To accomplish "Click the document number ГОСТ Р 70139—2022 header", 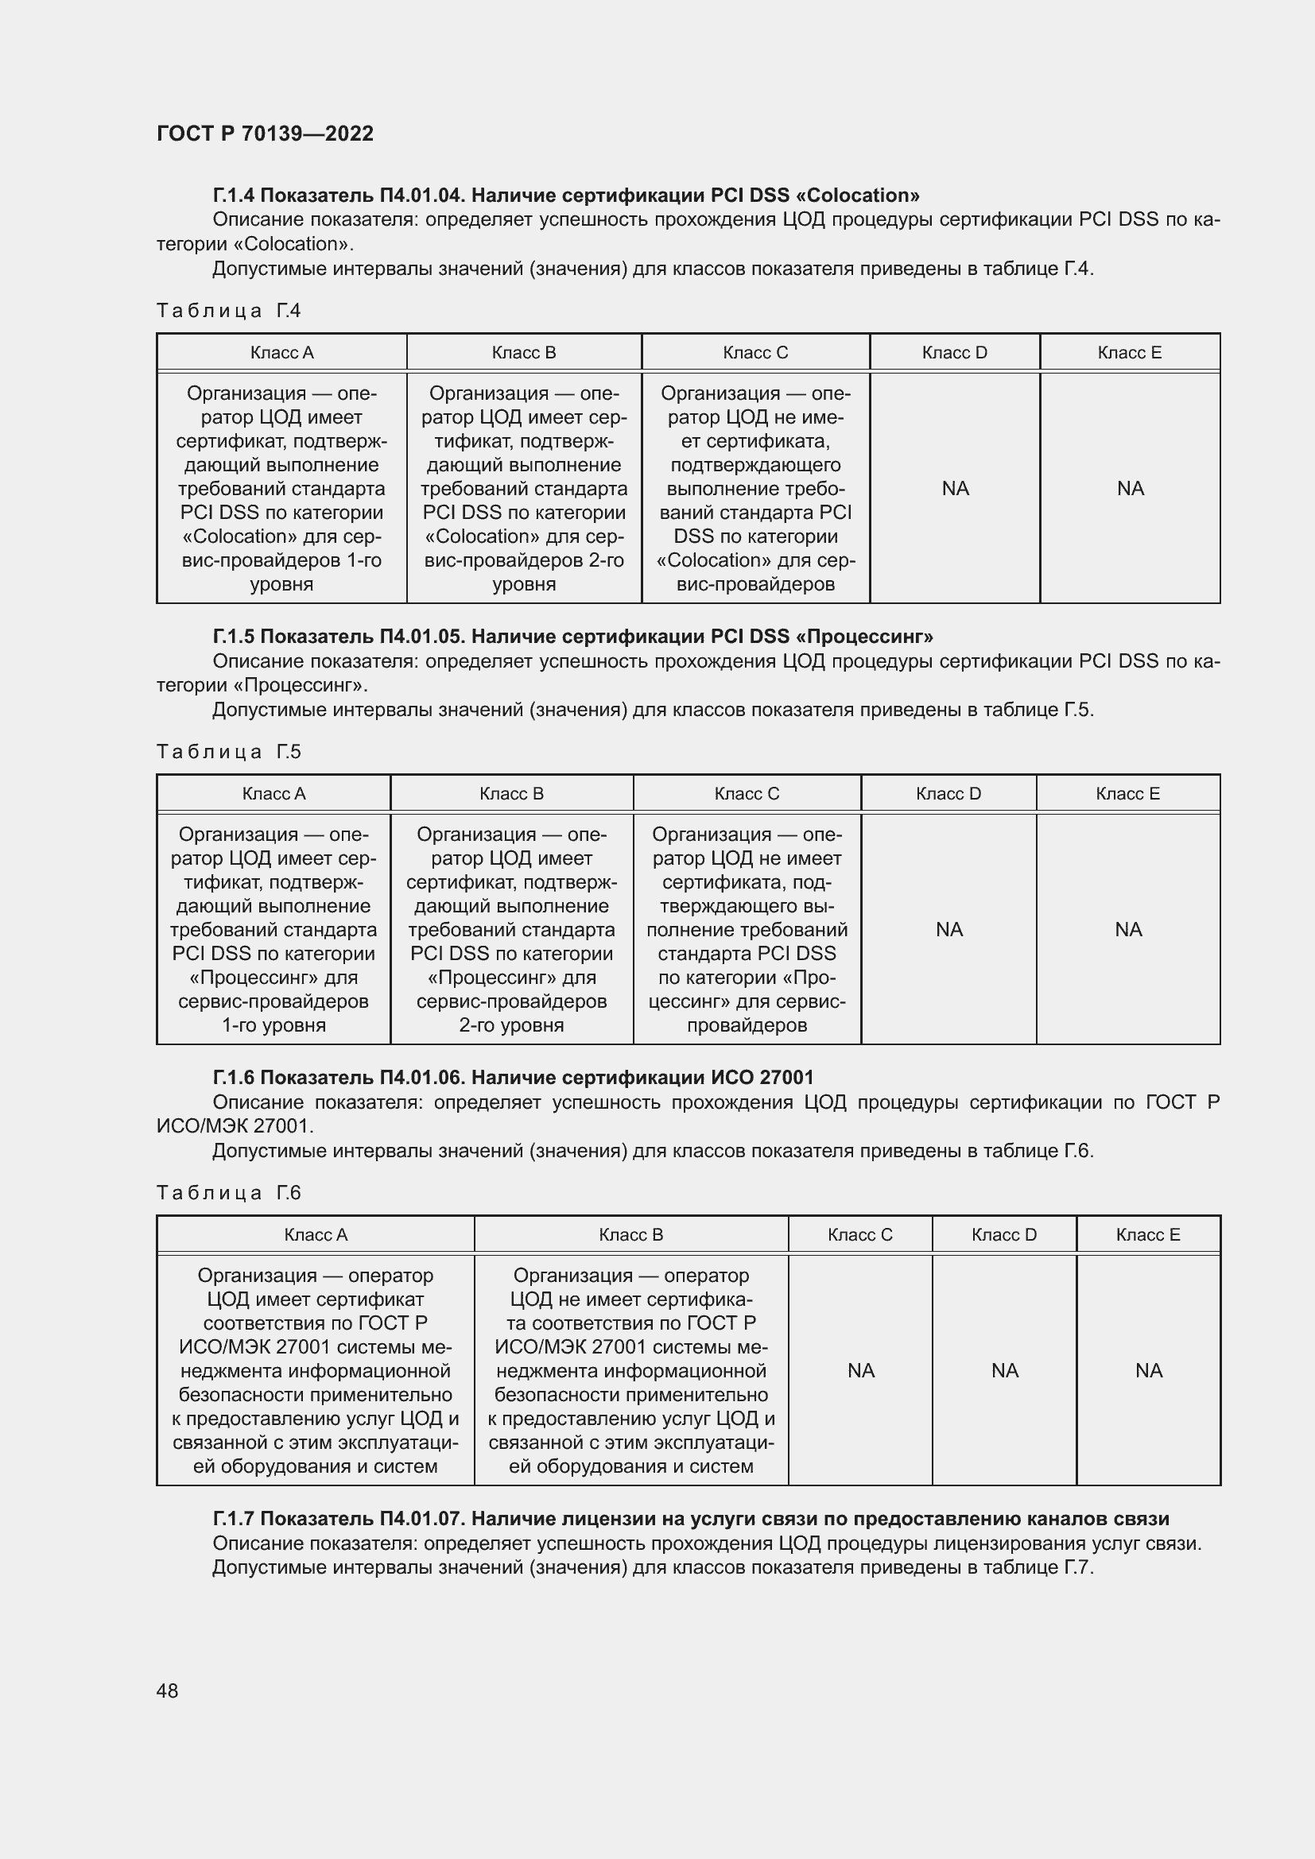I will click(x=265, y=134).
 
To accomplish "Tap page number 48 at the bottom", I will click(x=167, y=1691).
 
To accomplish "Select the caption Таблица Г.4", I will click(x=228, y=311).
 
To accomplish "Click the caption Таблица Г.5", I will click(x=228, y=752).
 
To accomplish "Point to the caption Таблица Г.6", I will click(x=228, y=1193).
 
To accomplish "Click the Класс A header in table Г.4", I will click(x=281, y=353).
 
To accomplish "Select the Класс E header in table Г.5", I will click(x=1127, y=793).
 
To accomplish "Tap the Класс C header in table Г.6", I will click(x=860, y=1235).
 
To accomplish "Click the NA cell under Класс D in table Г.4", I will click(x=955, y=488).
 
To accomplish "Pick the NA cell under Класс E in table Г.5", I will click(x=1128, y=930).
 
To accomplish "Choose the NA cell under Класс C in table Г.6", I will click(x=861, y=1370).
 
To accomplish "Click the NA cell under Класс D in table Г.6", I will click(x=1004, y=1370).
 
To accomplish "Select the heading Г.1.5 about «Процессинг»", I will click(x=572, y=637).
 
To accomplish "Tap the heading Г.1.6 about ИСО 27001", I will click(x=513, y=1078).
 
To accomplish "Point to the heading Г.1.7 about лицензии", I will click(x=690, y=1518).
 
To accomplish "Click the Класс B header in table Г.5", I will click(x=511, y=793).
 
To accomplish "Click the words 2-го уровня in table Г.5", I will click(x=511, y=1025).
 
